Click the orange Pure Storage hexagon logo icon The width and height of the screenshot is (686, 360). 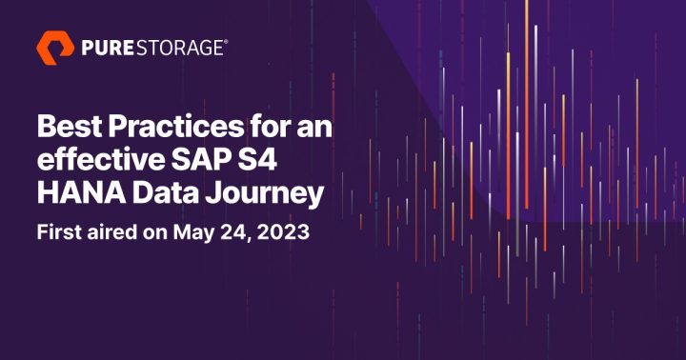(54, 47)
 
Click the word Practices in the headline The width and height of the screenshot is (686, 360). (161, 125)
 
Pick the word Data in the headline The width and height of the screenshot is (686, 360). (152, 193)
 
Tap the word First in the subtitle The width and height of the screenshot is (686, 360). (59, 232)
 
